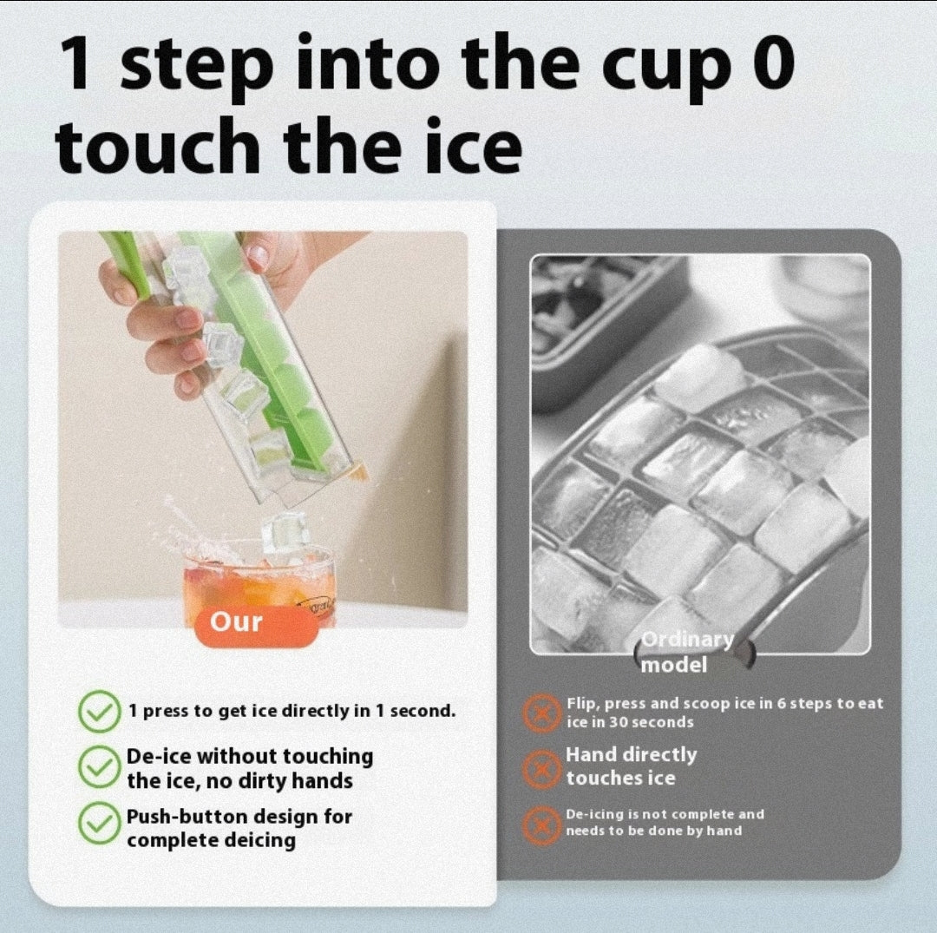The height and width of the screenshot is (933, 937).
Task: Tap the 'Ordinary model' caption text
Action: coord(686,653)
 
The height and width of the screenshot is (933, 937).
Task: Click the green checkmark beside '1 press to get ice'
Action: coord(99,711)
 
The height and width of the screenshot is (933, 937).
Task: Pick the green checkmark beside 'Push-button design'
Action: coord(99,826)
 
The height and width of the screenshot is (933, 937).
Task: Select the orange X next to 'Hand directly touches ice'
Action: coord(542,767)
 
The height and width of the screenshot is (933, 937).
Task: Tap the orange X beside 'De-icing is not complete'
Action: coord(542,824)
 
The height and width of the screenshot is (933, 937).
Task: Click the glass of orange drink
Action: coord(258,580)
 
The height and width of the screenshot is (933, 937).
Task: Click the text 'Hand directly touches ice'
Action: coord(631,766)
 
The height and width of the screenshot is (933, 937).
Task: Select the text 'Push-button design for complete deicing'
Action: coord(239,828)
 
